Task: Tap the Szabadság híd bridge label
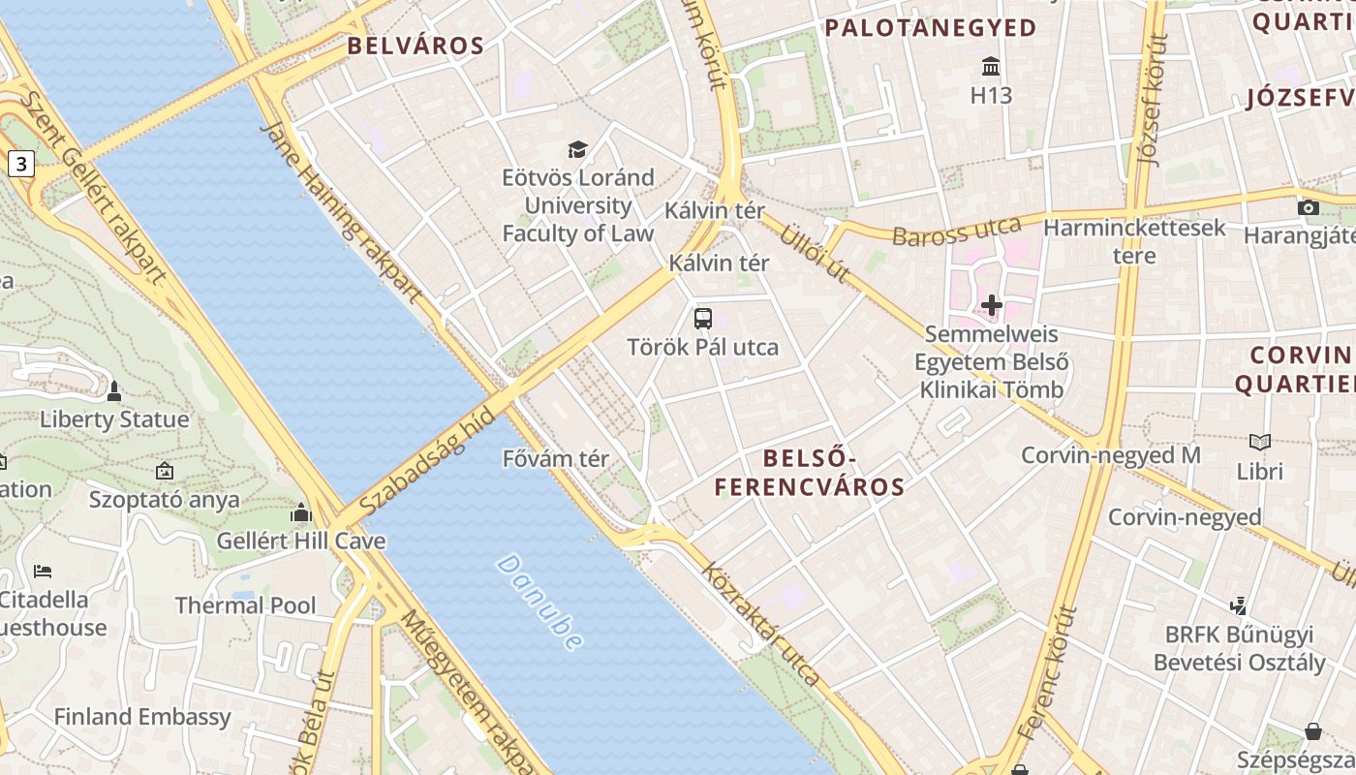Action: [x=427, y=462]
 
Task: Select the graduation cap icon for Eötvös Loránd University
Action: [x=577, y=149]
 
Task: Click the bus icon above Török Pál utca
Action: [x=703, y=318]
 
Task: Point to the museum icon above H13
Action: [x=991, y=67]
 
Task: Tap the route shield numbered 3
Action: [x=20, y=164]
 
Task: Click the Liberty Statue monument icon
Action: [x=114, y=391]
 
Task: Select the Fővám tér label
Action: [x=556, y=458]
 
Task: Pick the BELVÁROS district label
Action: [x=416, y=46]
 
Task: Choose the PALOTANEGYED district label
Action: [x=931, y=28]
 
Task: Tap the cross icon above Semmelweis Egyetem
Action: [x=991, y=306]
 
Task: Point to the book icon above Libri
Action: [x=1259, y=443]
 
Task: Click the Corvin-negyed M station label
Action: [x=1111, y=455]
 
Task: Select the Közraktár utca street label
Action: [x=761, y=624]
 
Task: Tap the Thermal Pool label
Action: [x=245, y=605]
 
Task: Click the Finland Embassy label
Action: [x=142, y=717]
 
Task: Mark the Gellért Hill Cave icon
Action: [x=301, y=512]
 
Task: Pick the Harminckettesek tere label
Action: [x=1134, y=241]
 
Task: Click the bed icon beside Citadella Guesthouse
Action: [x=42, y=571]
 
